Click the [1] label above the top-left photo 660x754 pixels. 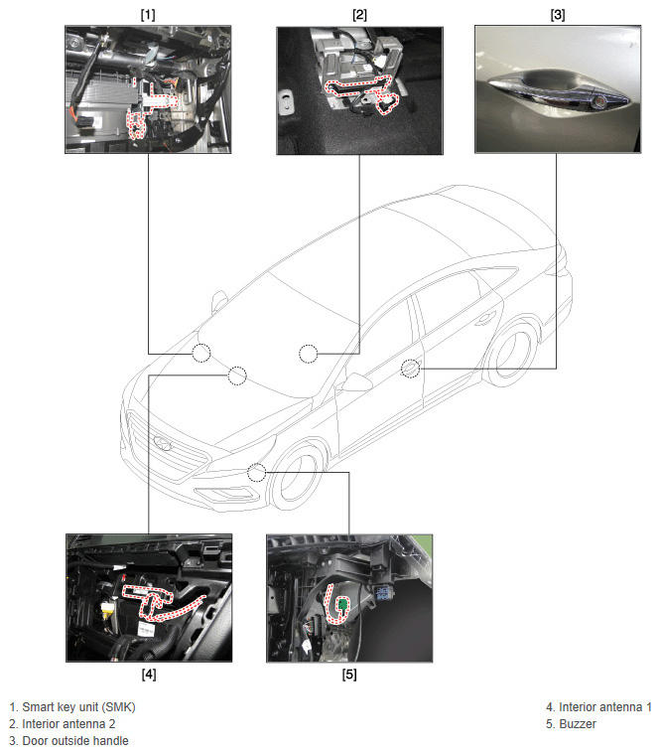[x=148, y=15]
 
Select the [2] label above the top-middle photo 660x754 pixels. [x=359, y=15]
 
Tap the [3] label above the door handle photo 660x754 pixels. [x=557, y=15]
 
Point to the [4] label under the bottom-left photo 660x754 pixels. [x=149, y=675]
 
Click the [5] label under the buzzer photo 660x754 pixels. [x=349, y=675]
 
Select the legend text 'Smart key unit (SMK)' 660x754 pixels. [x=78, y=707]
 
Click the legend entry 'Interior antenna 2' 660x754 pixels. [x=68, y=724]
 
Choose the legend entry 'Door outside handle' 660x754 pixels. [x=75, y=740]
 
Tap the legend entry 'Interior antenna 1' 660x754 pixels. [x=605, y=707]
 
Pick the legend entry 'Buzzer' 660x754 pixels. [x=578, y=724]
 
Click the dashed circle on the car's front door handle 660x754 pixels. [x=410, y=369]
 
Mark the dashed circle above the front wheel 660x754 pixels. [x=256, y=472]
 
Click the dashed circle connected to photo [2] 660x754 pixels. [x=309, y=354]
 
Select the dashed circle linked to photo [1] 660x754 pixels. [x=201, y=353]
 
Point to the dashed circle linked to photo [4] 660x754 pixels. [x=237, y=376]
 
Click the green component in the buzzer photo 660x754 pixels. [x=342, y=604]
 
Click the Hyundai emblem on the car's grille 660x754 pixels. [x=163, y=443]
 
